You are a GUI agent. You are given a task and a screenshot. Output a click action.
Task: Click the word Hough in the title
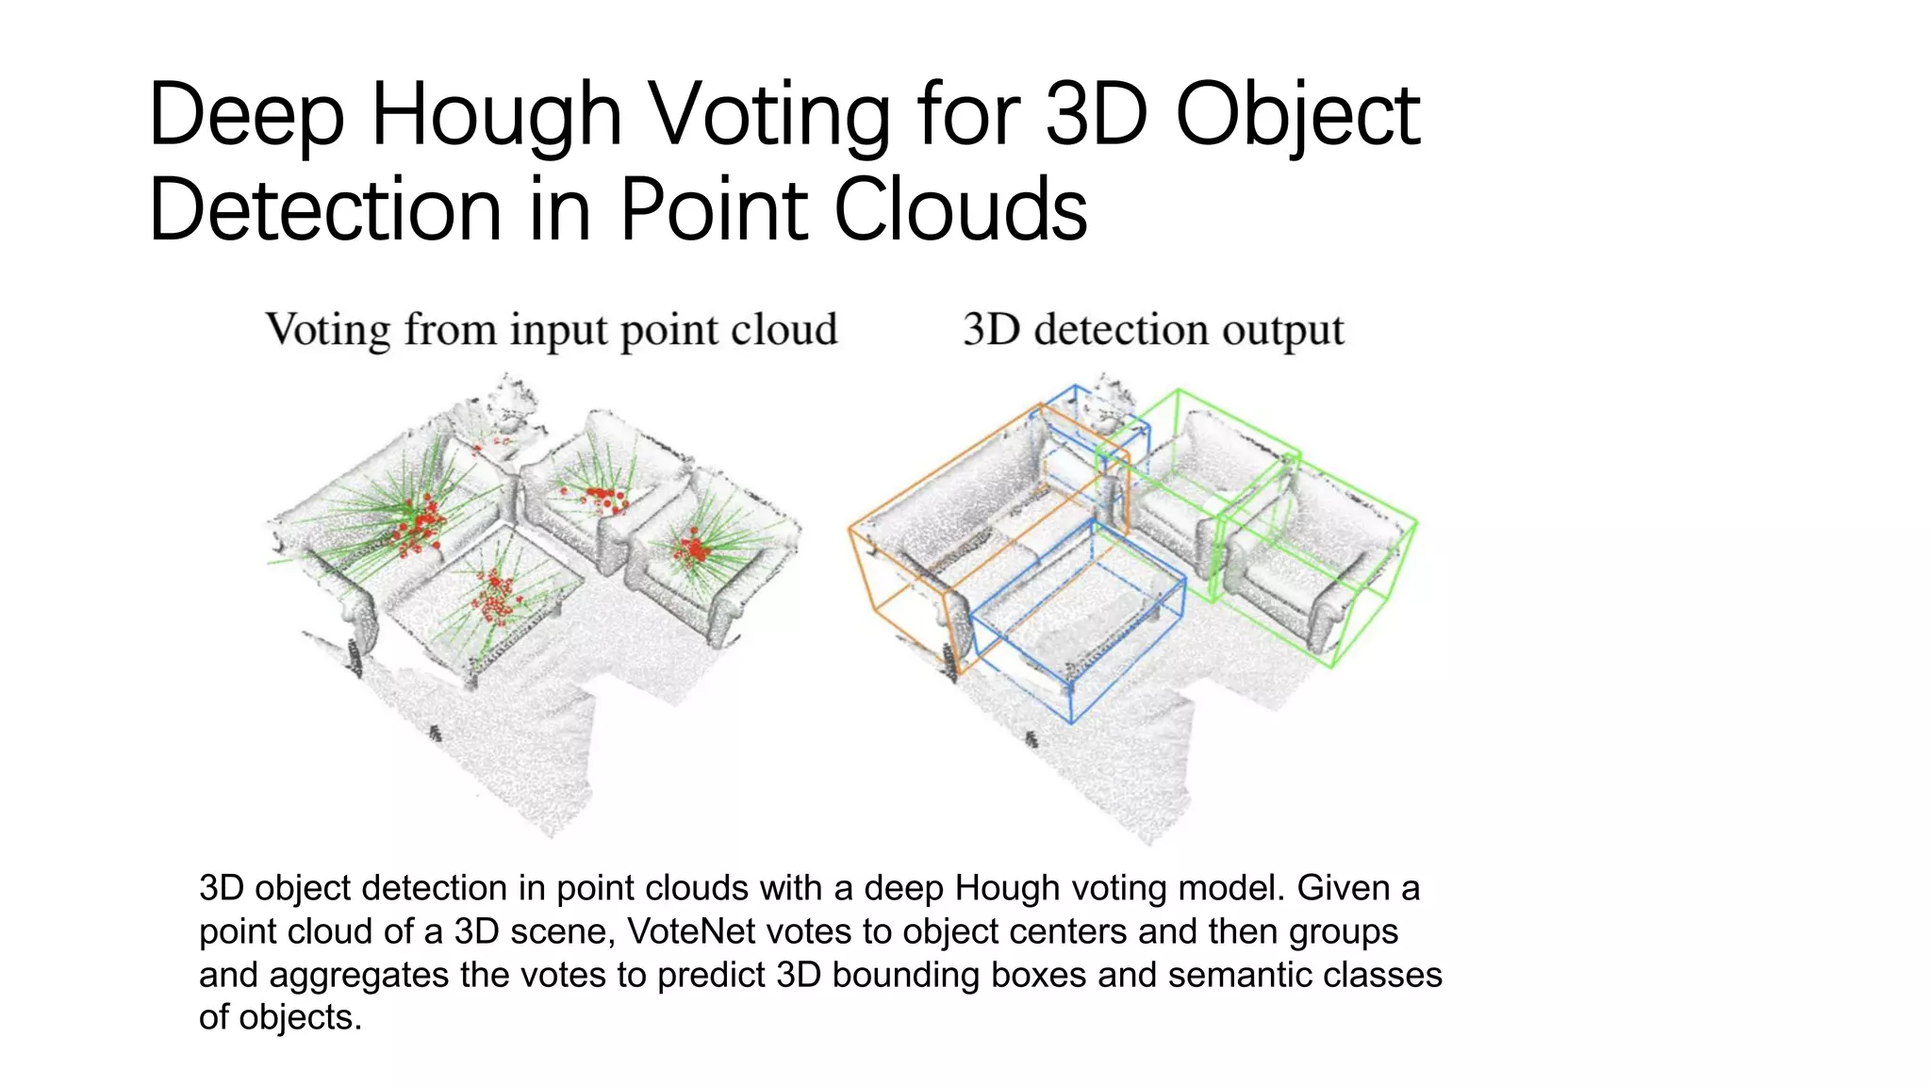tap(495, 117)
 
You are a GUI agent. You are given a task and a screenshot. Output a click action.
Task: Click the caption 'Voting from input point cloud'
tap(551, 331)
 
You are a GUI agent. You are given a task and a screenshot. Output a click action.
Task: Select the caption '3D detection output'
tap(1152, 331)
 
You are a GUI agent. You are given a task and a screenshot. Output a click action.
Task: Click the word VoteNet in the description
tap(691, 931)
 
